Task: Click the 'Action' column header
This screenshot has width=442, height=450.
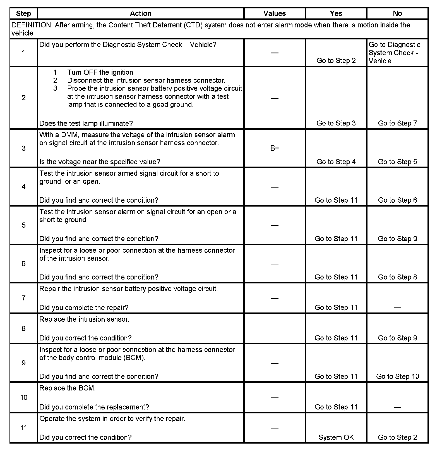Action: tap(141, 13)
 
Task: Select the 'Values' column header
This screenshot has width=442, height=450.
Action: tap(275, 13)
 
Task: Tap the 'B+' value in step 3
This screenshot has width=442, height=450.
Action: tap(275, 148)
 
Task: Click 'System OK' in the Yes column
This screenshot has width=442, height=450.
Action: tap(336, 437)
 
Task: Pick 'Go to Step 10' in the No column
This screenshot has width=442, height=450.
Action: tap(397, 376)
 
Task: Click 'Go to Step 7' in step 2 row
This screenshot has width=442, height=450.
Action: tap(397, 123)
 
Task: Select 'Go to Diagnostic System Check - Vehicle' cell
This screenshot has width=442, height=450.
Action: tap(394, 53)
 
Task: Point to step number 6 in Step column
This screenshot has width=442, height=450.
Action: tap(24, 264)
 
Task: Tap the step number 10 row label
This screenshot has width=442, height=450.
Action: tap(24, 397)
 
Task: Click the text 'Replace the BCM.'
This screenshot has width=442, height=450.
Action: tap(68, 388)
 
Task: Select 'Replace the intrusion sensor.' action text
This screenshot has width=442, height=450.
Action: tap(84, 319)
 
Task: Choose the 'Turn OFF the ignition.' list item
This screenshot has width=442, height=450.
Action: tap(101, 72)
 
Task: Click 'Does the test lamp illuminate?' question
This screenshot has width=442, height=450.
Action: tap(86, 123)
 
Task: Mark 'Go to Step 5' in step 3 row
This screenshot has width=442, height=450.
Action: tap(397, 162)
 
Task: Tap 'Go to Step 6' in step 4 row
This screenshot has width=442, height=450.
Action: tap(397, 200)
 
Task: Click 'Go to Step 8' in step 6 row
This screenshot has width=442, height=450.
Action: tap(397, 277)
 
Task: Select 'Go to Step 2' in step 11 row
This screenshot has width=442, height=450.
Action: tap(397, 437)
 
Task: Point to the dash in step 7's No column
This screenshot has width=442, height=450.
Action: tap(397, 308)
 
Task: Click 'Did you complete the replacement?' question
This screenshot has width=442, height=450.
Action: tap(94, 407)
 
